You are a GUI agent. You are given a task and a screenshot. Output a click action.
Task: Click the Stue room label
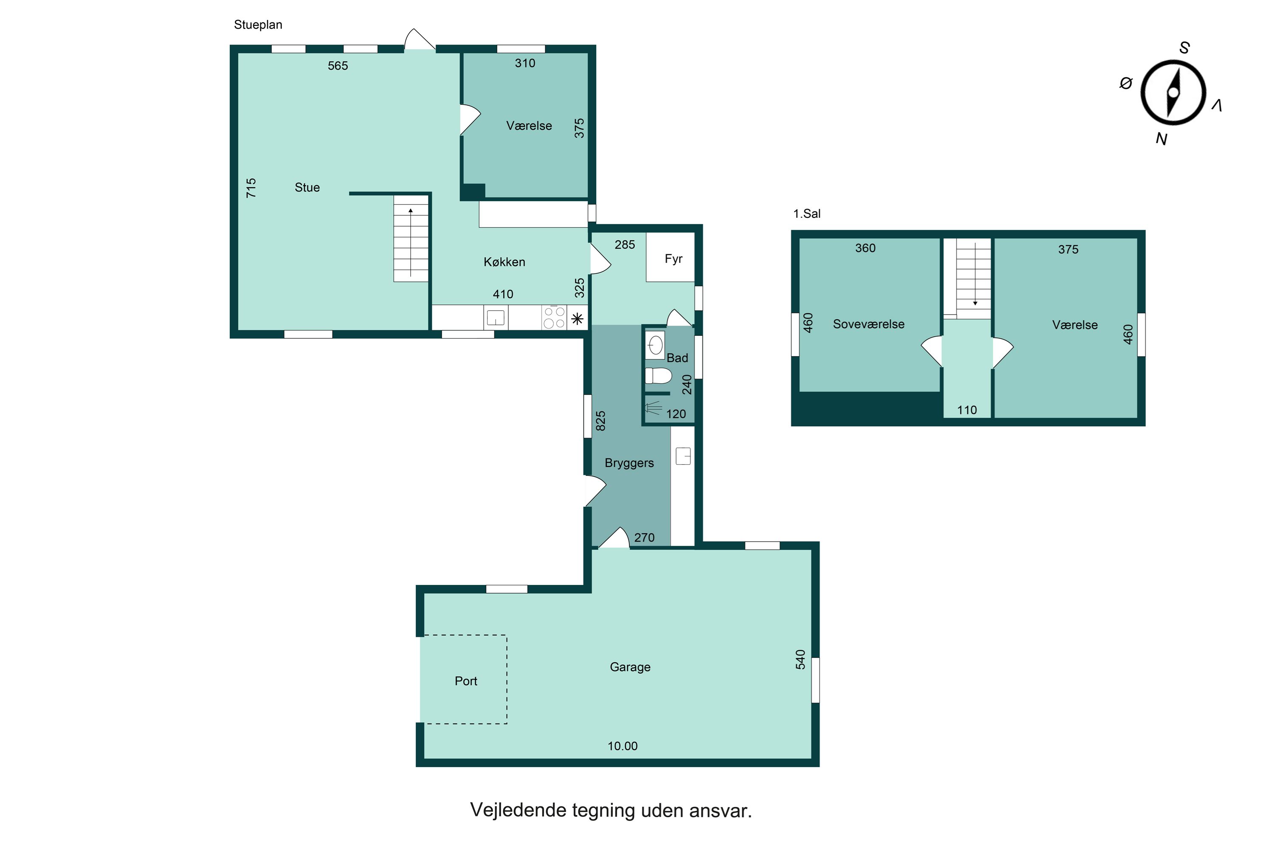(x=307, y=187)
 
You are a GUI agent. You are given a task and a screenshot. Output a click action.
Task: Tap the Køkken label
(x=505, y=262)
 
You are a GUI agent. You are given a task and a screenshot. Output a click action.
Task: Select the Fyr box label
(x=673, y=259)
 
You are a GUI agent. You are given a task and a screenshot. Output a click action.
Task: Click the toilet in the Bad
(x=658, y=375)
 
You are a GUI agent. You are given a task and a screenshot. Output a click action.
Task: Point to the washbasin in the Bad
(x=655, y=345)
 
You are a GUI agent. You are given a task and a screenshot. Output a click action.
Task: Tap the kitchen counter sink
(x=496, y=317)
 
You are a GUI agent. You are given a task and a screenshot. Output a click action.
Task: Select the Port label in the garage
(x=466, y=681)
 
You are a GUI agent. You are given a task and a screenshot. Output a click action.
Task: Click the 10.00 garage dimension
(x=623, y=746)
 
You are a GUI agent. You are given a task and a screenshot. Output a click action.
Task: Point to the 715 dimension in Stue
(x=251, y=188)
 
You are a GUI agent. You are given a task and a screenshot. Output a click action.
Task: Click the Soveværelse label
(x=868, y=324)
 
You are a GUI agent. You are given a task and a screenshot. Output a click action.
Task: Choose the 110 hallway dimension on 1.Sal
(x=967, y=410)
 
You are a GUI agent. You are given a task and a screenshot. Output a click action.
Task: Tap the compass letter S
(x=1185, y=48)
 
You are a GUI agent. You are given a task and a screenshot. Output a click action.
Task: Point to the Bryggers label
(x=629, y=463)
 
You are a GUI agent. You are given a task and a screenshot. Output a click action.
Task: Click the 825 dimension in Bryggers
(x=600, y=421)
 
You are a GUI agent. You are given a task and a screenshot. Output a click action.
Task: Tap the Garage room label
(x=630, y=667)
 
